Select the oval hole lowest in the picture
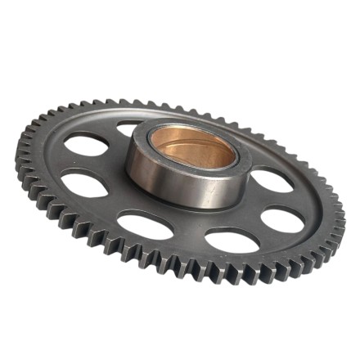[x=232, y=241]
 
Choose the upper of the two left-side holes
[x=86, y=146]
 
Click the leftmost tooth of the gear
[x=17, y=152]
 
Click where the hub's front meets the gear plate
[x=184, y=207]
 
